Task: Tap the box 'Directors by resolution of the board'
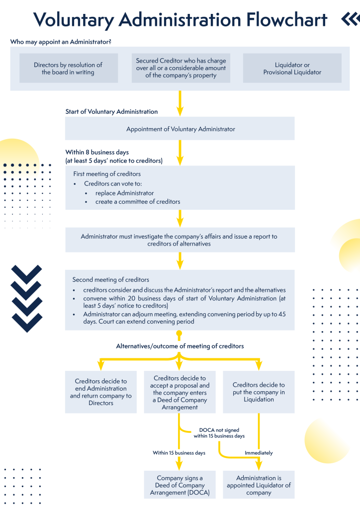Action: [x=68, y=69]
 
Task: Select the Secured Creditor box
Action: [x=180, y=68]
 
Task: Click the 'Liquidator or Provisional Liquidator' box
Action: [x=292, y=69]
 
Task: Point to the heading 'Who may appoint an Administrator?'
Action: [x=61, y=42]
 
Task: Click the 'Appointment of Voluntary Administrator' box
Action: [x=180, y=129]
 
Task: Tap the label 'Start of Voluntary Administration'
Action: [x=111, y=112]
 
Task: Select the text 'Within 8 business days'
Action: [x=97, y=152]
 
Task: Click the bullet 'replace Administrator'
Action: [x=124, y=193]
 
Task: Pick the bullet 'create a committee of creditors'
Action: [x=138, y=202]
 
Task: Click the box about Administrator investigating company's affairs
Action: [x=180, y=240]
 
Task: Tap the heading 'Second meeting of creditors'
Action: [x=110, y=280]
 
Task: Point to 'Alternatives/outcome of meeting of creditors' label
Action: [x=180, y=346]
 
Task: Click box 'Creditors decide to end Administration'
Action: [x=101, y=392]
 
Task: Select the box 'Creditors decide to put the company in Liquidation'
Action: [x=259, y=392]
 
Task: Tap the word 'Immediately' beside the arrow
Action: [x=259, y=453]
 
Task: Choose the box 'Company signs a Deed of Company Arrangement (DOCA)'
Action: [x=180, y=485]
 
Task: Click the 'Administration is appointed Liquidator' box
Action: [x=259, y=485]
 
